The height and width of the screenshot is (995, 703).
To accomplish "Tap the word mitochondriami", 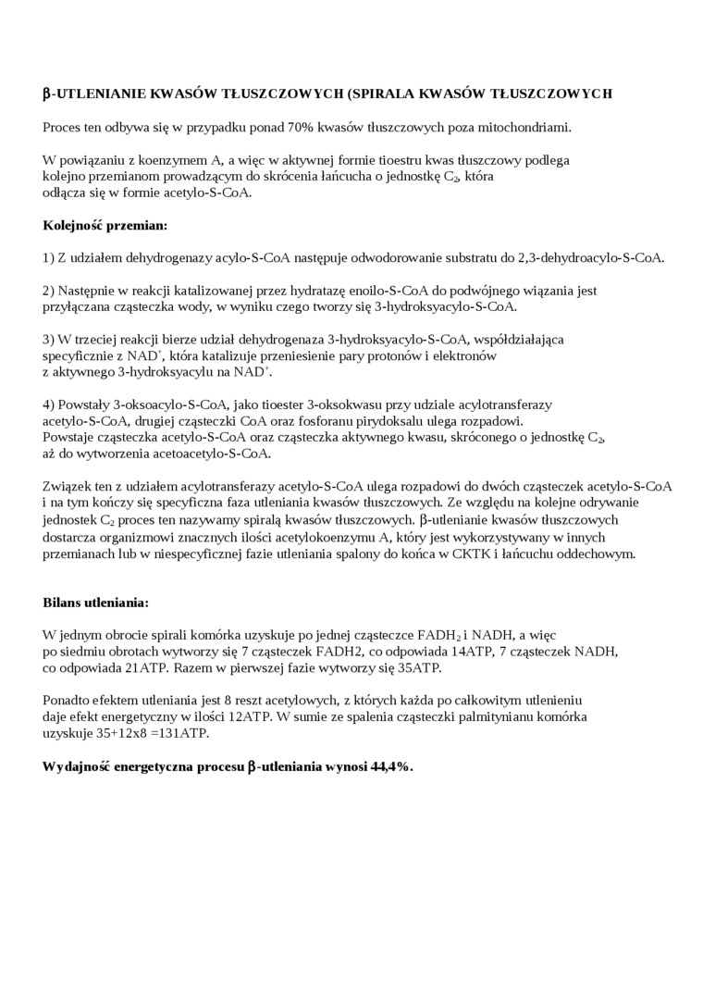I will click(x=531, y=127).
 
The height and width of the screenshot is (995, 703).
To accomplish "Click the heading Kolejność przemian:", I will click(x=105, y=225).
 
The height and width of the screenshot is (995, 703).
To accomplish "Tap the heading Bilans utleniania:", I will click(x=95, y=603).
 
